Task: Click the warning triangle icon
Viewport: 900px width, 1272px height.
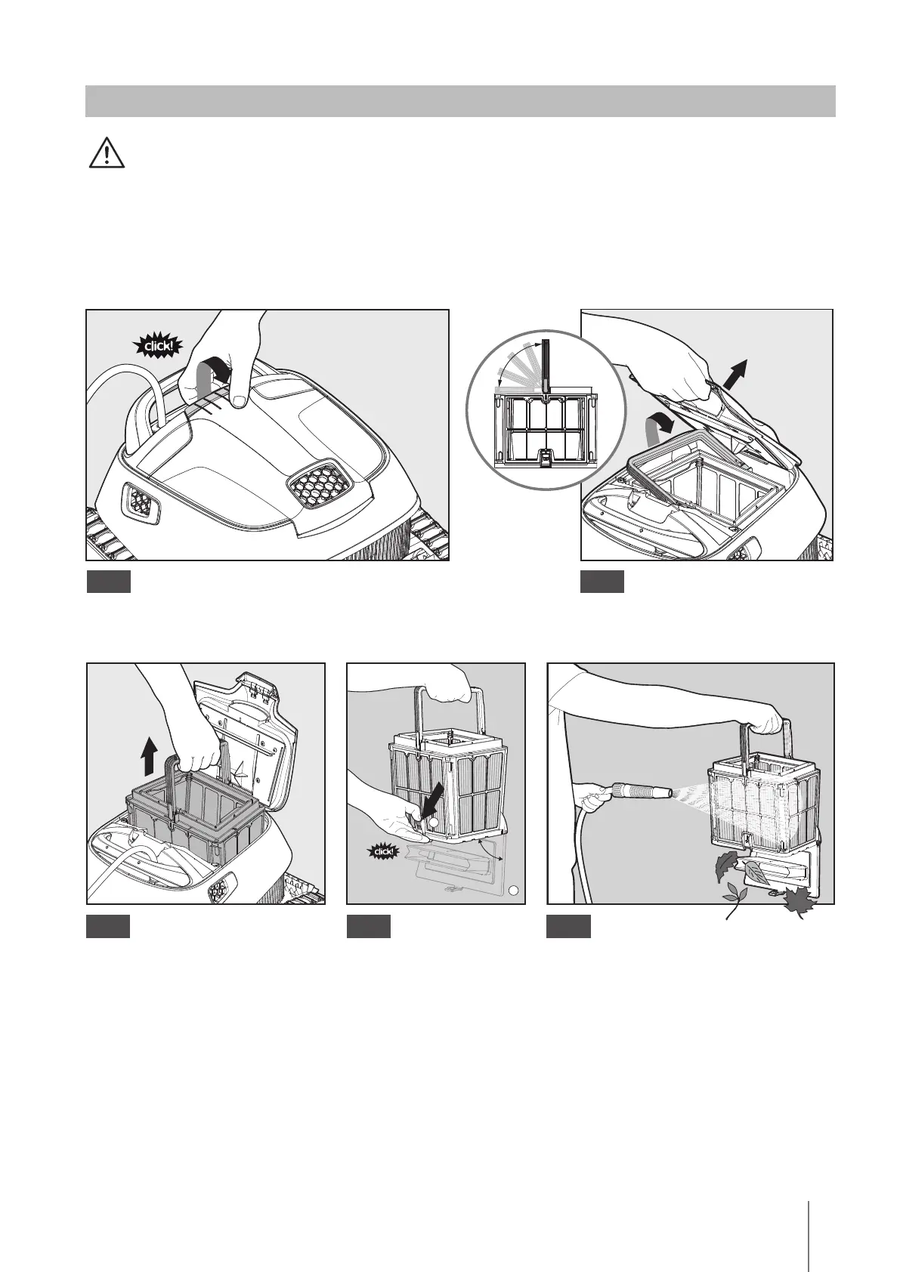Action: coord(107,153)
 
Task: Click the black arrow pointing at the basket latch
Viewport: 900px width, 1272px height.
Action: coord(435,806)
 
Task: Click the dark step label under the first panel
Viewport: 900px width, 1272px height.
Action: coord(109,582)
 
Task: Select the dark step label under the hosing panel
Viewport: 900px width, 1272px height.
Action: coord(569,927)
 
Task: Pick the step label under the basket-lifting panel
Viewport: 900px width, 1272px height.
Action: coord(109,927)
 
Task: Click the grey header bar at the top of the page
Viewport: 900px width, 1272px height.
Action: coord(460,101)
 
